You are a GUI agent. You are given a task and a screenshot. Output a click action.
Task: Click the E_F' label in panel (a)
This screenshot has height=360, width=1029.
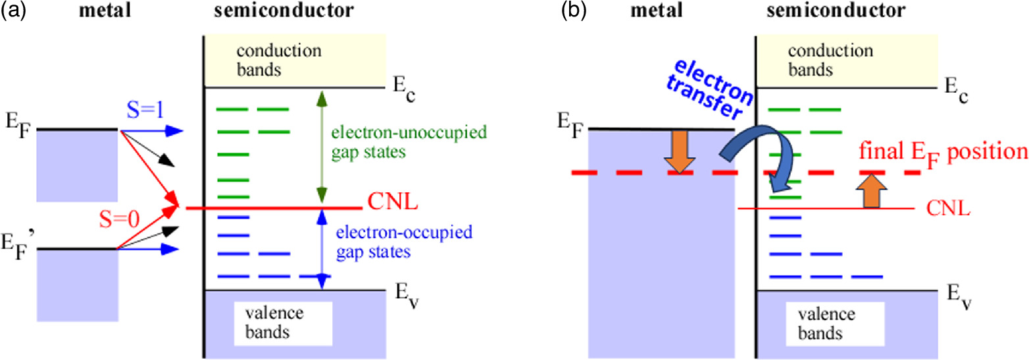point(20,252)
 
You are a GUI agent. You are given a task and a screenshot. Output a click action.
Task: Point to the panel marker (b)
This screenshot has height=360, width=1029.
point(563,11)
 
